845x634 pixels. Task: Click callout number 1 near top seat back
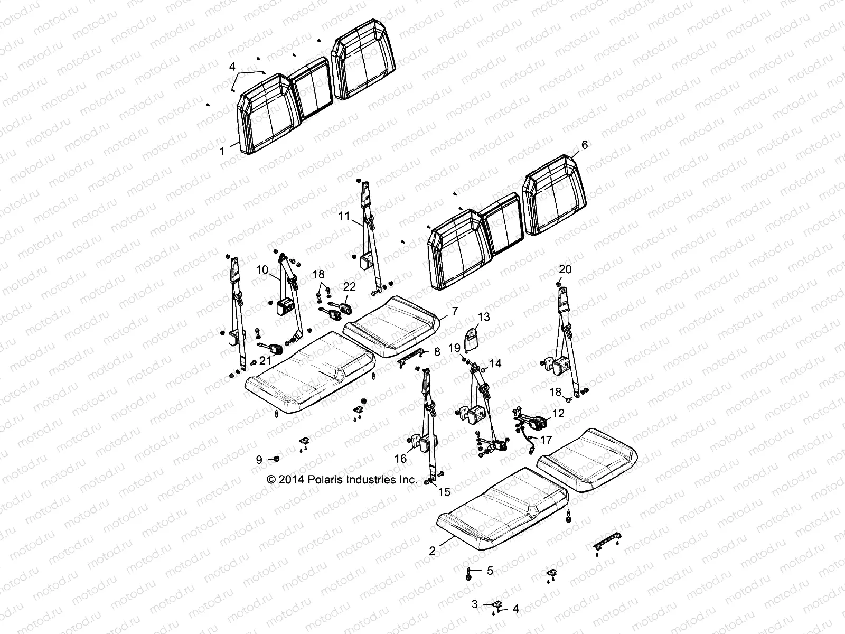coord(222,151)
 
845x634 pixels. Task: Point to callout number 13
coord(484,317)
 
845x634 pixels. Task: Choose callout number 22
coord(350,286)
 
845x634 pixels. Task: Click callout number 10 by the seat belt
coord(262,270)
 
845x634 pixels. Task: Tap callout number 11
coord(359,216)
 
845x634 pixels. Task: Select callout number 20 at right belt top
coord(565,269)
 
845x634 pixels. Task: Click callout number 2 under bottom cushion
coord(433,551)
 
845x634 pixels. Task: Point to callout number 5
coord(490,570)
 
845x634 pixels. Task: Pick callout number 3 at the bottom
coord(474,603)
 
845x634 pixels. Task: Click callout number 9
coord(259,460)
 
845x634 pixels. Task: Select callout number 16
coord(401,459)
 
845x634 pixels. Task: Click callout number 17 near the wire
coord(546,440)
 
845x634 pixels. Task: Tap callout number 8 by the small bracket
coord(437,351)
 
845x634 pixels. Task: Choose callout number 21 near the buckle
coord(264,360)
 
